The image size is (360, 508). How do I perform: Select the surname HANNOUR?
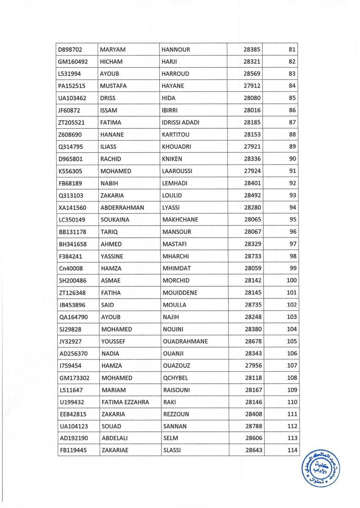[176, 50]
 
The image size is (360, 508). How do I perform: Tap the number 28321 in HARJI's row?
[252, 62]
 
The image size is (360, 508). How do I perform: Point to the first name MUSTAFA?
[113, 86]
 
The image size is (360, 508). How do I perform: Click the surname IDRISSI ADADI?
[180, 123]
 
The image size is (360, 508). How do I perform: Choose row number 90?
[292, 159]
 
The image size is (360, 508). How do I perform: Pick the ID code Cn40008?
[71, 268]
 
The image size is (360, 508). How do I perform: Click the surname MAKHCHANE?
[180, 220]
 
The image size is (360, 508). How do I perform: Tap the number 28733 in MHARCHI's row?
[253, 257]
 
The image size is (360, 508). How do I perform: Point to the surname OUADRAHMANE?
[185, 342]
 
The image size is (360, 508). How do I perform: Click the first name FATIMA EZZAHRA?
[125, 402]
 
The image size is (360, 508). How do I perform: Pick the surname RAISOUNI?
[177, 390]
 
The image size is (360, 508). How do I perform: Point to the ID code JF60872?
[70, 110]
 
